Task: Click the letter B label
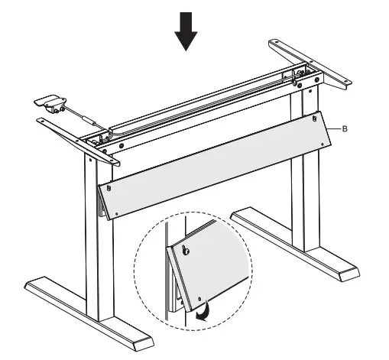[345, 129]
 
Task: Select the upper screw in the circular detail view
[187, 249]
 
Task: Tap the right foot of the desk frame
[298, 245]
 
